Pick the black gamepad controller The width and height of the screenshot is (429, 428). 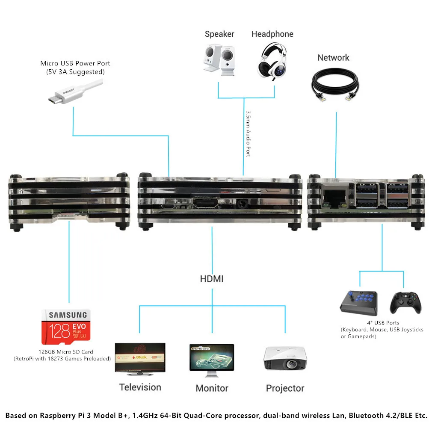[x=402, y=303]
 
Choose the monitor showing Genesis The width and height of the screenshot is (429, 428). [x=212, y=358]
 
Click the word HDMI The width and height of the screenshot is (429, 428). [x=212, y=279]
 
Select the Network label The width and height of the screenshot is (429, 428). [x=333, y=58]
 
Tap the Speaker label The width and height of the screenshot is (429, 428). [x=219, y=34]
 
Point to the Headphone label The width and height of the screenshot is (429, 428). [x=272, y=34]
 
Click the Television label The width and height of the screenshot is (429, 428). [x=140, y=387]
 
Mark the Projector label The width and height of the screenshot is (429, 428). [x=285, y=388]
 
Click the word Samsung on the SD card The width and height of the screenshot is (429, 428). [x=68, y=315]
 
